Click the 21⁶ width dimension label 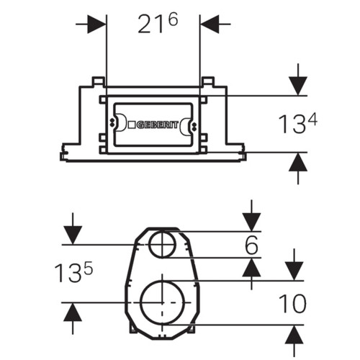(158, 23)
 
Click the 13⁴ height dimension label (297, 124)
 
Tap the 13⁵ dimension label (73, 273)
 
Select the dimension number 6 (251, 245)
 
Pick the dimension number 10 (292, 303)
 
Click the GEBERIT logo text (158, 125)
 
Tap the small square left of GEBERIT (132, 125)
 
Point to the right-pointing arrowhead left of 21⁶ (96, 24)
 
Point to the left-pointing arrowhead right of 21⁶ (210, 24)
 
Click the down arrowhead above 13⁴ (298, 86)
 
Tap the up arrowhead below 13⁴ (298, 162)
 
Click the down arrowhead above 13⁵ (73, 235)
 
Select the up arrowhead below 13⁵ (73, 312)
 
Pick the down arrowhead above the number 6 (251, 222)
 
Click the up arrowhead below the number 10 (294, 335)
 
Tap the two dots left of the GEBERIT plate (112, 122)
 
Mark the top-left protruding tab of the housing (99, 81)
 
